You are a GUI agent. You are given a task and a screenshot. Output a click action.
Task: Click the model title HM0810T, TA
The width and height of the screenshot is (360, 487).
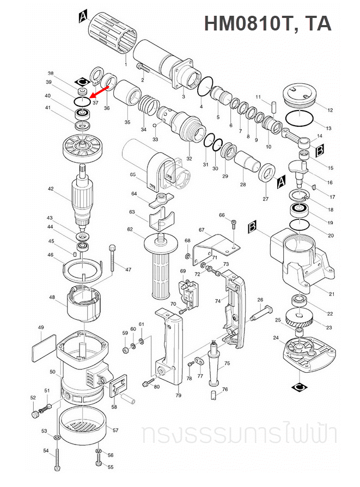(267, 23)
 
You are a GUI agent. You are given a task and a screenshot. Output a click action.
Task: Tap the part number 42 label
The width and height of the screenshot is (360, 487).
(50, 189)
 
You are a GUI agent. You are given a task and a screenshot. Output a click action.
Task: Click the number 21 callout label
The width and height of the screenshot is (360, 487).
(332, 294)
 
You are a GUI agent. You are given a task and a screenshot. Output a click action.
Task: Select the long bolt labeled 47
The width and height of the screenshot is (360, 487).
(113, 258)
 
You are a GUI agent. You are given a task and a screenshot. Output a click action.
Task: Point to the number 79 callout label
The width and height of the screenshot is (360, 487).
(178, 396)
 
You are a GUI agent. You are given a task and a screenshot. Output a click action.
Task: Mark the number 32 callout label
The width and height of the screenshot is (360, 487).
(189, 159)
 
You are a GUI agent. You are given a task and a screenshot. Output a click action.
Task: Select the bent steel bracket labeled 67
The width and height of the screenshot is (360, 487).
(214, 246)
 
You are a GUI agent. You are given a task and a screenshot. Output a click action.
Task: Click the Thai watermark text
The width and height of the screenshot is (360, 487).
(239, 435)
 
